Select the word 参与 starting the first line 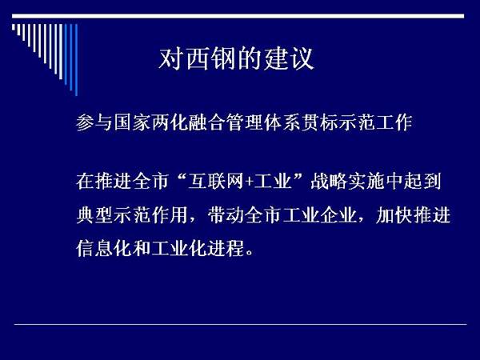[x=94, y=122]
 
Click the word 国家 [x=132, y=122]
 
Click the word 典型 [x=94, y=215]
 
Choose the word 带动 [x=226, y=215]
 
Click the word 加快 [x=394, y=215]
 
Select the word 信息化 [x=104, y=248]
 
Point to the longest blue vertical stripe [x=76, y=60]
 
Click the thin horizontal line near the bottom [x=240, y=324]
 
